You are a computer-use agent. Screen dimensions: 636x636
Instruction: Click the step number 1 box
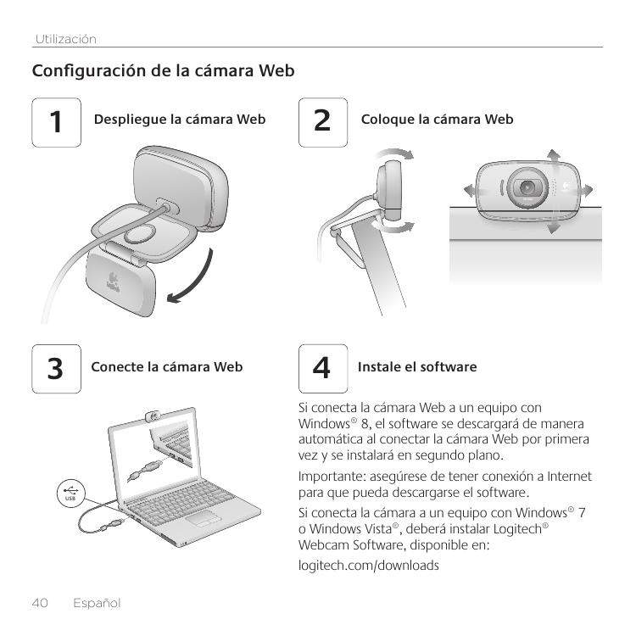coord(56,122)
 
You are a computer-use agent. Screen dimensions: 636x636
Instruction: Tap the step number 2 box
coord(323,122)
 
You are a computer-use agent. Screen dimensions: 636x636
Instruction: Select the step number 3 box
coord(56,369)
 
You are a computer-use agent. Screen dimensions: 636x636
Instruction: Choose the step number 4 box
coord(323,369)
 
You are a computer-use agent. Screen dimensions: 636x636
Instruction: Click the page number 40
coord(40,603)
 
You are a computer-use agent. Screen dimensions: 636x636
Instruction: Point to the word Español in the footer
coord(97,603)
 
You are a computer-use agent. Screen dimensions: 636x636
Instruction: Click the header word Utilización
coord(65,39)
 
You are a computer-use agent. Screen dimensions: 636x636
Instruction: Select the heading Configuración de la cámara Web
coord(163,71)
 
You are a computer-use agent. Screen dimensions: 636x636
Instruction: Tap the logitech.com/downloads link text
coord(369,565)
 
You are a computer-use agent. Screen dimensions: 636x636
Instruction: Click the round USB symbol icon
coord(70,494)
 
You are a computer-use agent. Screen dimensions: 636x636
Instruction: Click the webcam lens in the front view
coord(527,187)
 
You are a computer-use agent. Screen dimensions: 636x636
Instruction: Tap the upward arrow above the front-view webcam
coord(553,157)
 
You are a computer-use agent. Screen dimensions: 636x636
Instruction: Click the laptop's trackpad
coord(204,519)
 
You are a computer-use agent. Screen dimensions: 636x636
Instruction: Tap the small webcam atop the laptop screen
coord(153,416)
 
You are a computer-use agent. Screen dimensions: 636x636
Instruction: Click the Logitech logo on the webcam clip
coord(113,281)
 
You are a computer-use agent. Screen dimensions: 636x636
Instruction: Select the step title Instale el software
coord(417,366)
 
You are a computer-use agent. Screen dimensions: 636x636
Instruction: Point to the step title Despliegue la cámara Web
coord(180,120)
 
